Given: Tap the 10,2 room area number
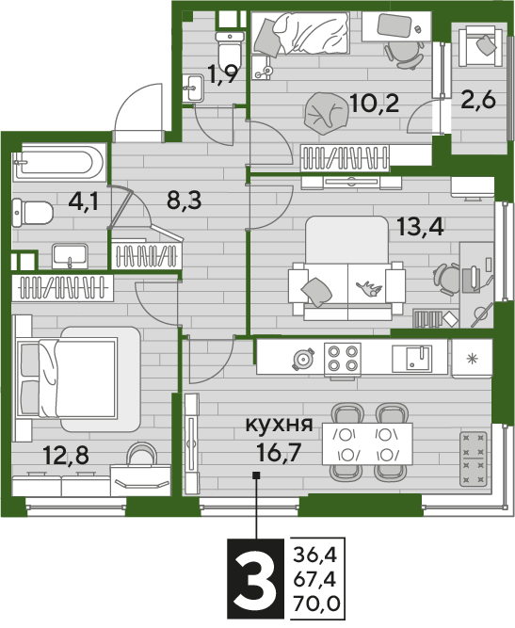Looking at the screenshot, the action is [374, 103].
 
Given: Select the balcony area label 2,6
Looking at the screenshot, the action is [478, 100].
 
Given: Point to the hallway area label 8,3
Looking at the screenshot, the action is [185, 201].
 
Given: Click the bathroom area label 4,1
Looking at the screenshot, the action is [83, 201].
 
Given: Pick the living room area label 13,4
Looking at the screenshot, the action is [420, 227].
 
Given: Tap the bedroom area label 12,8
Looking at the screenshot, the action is [66, 456].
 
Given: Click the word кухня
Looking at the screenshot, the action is [279, 424].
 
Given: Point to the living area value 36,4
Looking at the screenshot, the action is [315, 556].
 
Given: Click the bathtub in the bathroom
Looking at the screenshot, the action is [59, 164].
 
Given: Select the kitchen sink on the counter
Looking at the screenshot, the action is [412, 359].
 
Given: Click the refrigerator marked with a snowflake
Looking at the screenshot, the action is [472, 359].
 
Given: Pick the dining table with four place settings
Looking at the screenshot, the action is [367, 443].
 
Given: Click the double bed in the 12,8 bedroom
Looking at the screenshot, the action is [78, 378].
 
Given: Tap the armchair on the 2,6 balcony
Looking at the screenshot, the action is [480, 45].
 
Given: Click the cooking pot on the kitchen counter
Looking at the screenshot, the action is [303, 360].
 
